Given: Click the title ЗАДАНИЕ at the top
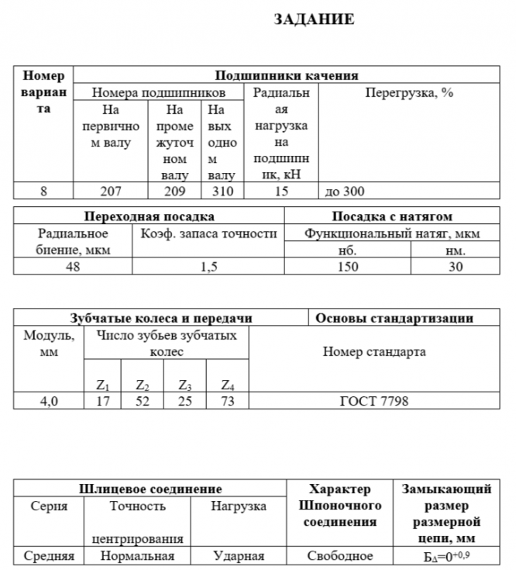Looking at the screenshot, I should click(x=313, y=20).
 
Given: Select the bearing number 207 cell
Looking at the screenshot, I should click(x=110, y=191).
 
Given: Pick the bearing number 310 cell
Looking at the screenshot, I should click(x=222, y=191).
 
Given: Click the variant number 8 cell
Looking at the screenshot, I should click(x=43, y=191).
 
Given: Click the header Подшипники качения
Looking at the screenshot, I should click(x=286, y=76).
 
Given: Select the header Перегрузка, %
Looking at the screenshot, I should click(x=408, y=92).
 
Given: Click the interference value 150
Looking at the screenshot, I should click(x=348, y=266).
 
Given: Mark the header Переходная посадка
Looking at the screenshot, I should click(x=149, y=216).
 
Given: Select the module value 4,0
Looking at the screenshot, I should click(x=43, y=401).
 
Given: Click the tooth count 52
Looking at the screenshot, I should click(x=142, y=401).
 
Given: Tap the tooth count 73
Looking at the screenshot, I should click(x=227, y=401).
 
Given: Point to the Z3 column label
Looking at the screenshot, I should click(x=184, y=385).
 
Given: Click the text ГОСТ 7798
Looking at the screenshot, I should click(x=374, y=401).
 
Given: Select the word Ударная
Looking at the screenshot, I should click(x=239, y=556).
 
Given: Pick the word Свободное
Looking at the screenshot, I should click(x=339, y=556).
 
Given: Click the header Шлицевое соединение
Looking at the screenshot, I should click(x=150, y=489).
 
